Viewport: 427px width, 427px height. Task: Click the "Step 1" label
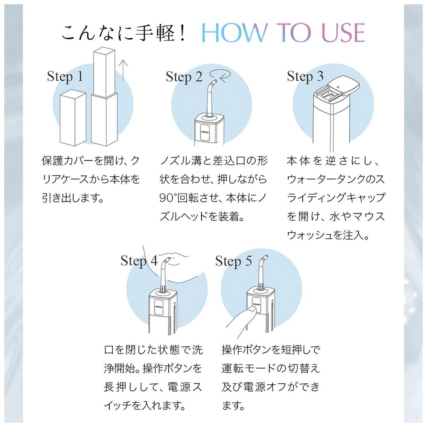click(x=65, y=76)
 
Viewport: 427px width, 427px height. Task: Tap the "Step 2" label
click(x=184, y=77)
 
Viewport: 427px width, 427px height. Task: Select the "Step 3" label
click(x=305, y=76)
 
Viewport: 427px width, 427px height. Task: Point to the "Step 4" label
click(x=139, y=261)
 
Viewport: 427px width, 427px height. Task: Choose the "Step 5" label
click(x=234, y=261)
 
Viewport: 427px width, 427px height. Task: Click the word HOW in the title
click(x=234, y=33)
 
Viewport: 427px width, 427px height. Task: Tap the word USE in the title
click(x=343, y=33)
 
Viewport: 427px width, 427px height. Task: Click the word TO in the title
click(x=294, y=33)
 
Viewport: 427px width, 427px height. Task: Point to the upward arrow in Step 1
click(x=123, y=70)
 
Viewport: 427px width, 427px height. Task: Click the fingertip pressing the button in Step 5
click(x=252, y=310)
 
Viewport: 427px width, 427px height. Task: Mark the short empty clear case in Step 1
click(x=73, y=119)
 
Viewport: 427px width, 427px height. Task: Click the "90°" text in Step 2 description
click(x=168, y=198)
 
